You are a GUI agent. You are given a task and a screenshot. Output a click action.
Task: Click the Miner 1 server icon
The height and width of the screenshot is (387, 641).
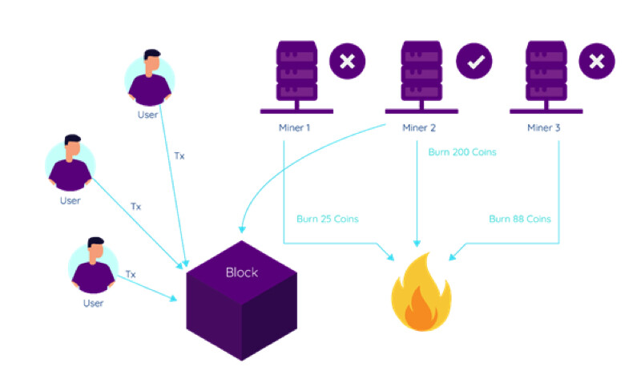[296, 77]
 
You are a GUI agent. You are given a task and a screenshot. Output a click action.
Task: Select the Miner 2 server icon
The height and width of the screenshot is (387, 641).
[421, 77]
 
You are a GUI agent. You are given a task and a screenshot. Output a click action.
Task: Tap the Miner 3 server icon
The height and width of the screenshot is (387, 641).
[546, 77]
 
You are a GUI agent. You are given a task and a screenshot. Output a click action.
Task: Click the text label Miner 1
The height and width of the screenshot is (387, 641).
[294, 128]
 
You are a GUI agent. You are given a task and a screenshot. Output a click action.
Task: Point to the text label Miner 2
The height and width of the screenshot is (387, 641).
[419, 128]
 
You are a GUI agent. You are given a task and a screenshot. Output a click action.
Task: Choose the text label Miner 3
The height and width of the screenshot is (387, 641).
[544, 128]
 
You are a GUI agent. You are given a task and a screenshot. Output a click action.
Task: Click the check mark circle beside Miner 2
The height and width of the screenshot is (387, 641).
[474, 62]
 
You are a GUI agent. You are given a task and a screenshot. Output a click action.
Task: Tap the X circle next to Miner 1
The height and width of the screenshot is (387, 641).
[348, 62]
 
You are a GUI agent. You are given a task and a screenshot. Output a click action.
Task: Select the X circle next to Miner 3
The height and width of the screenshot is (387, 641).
[597, 62]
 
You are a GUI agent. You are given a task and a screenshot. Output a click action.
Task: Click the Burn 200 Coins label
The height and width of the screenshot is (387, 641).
[462, 152]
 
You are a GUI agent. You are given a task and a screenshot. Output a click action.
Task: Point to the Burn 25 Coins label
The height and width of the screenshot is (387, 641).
[328, 219]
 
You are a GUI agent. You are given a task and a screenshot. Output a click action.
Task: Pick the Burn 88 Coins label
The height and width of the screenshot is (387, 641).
[520, 219]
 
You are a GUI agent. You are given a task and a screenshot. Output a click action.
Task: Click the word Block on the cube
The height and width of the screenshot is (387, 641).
[242, 272]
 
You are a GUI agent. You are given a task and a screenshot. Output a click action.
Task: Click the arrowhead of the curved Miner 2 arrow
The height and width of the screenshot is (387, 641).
[242, 229]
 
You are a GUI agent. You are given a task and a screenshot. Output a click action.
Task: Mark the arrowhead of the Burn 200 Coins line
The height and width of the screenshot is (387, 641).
[417, 244]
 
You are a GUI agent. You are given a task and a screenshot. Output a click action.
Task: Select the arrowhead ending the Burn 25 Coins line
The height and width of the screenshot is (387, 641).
[391, 257]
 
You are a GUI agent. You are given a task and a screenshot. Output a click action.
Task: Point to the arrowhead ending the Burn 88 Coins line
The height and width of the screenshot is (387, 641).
[452, 257]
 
